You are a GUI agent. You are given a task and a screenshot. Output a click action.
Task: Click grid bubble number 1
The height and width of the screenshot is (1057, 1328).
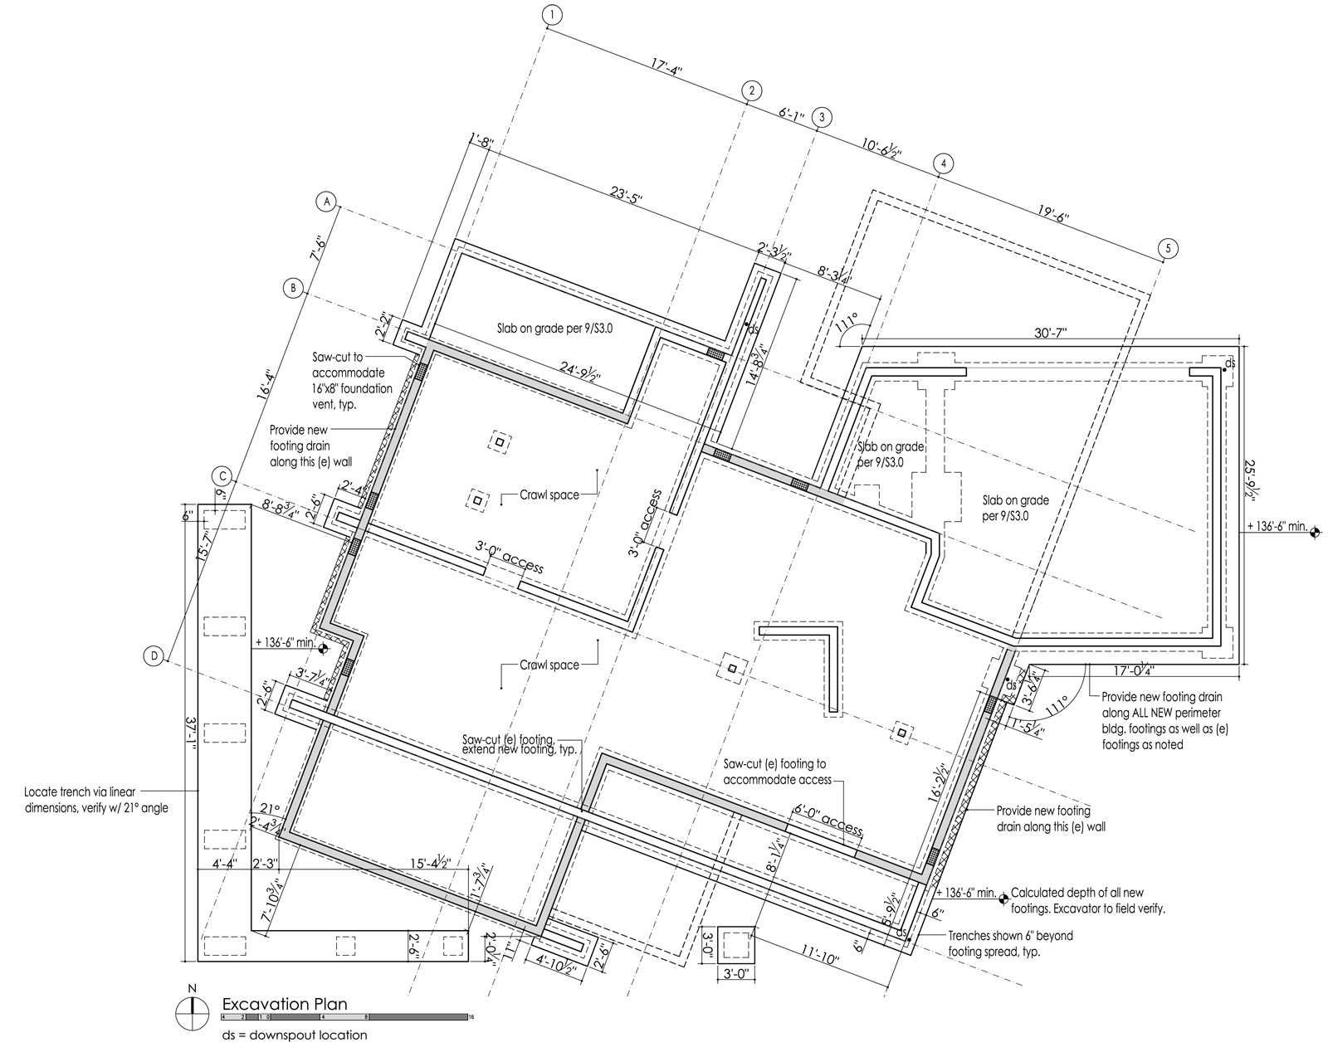tap(551, 14)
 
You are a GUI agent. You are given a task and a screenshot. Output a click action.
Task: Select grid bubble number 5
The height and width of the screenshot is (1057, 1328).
tap(1167, 248)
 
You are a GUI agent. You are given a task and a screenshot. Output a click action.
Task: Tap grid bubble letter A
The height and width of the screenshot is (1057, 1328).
tap(327, 202)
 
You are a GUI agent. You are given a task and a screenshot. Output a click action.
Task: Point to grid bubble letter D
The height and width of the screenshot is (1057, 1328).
tap(154, 656)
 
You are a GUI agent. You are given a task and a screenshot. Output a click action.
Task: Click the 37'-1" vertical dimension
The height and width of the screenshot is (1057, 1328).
tap(190, 735)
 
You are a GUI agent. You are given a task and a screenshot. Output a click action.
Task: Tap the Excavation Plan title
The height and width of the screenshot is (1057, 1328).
tap(284, 1003)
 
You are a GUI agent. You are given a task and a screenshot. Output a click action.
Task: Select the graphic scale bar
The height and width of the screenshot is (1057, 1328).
tap(344, 1016)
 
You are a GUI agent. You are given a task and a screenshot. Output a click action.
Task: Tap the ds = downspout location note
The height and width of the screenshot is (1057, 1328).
tap(294, 1035)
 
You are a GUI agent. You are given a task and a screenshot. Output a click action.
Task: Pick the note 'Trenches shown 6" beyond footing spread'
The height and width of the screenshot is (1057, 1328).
tap(1010, 943)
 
